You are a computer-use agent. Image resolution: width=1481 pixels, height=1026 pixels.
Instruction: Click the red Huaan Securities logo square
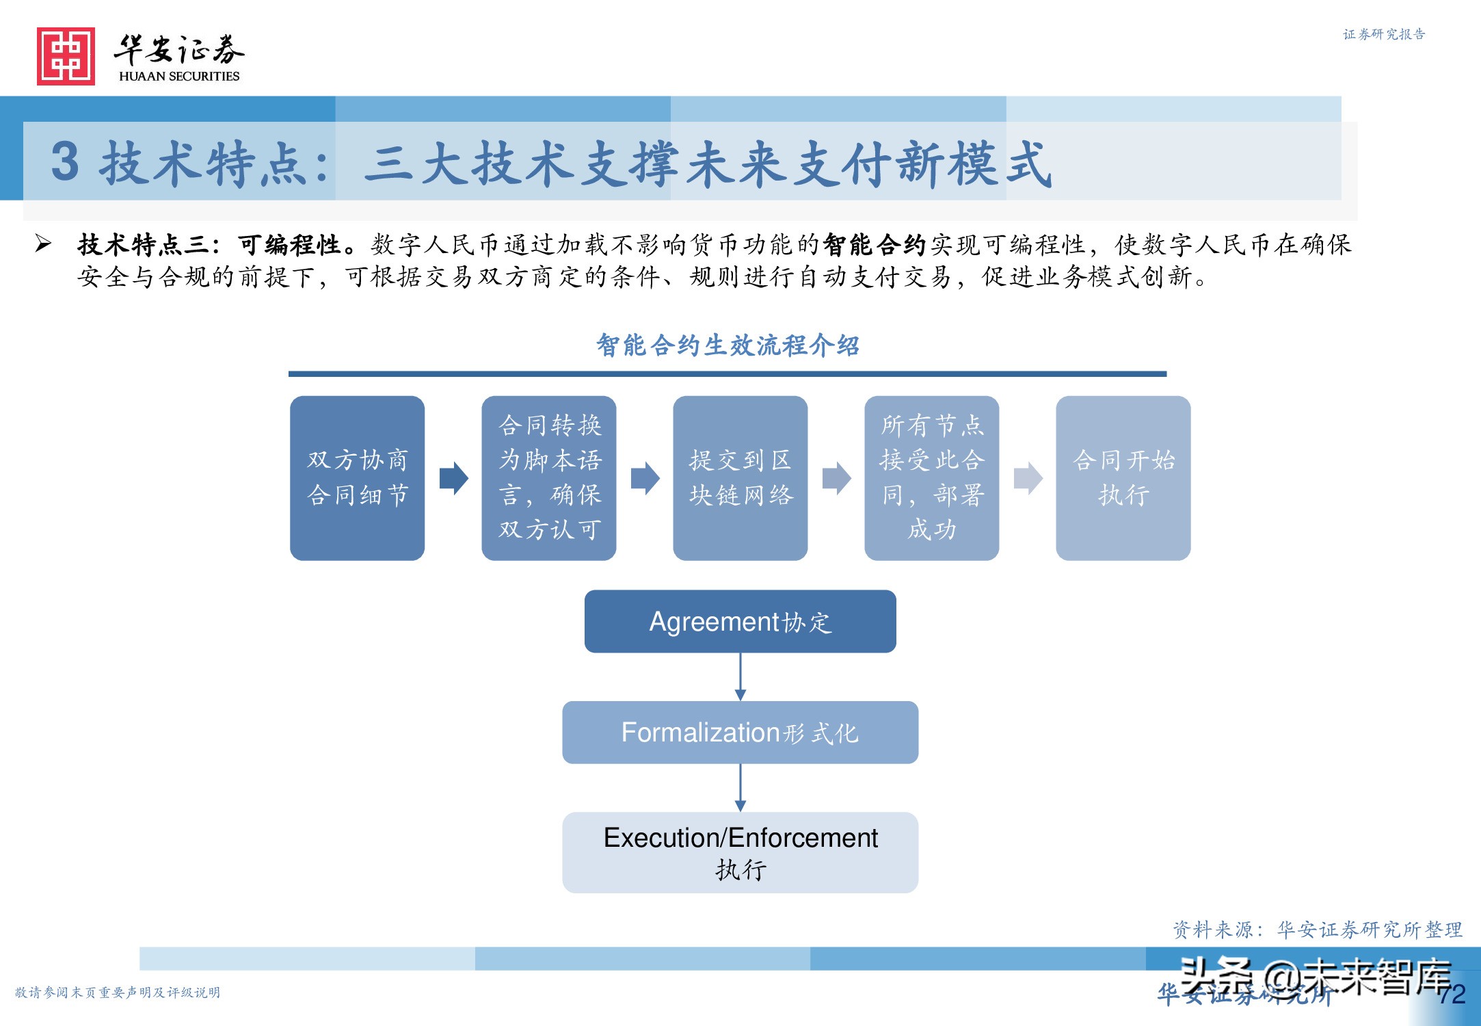(x=66, y=56)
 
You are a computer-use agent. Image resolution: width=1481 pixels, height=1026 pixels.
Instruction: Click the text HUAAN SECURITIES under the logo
(x=179, y=76)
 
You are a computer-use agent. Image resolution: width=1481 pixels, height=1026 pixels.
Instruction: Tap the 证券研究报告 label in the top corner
(x=1383, y=34)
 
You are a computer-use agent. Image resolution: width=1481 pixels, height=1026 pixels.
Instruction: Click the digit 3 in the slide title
(x=65, y=162)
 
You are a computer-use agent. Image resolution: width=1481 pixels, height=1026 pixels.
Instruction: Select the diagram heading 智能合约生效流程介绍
(x=728, y=345)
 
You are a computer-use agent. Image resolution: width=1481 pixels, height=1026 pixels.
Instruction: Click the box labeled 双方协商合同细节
(x=357, y=477)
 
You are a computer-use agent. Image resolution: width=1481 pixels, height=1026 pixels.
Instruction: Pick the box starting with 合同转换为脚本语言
(x=548, y=477)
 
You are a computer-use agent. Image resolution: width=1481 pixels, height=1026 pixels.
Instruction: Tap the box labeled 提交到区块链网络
(x=740, y=477)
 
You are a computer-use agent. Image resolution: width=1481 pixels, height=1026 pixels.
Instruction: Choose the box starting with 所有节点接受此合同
(x=931, y=477)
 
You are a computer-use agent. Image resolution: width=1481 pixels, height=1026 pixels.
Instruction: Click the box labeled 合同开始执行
(x=1123, y=477)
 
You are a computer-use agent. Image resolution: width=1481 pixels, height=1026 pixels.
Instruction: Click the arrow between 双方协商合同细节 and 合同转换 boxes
(x=453, y=477)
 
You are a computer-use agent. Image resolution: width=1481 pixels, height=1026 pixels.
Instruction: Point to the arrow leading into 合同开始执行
(x=1028, y=477)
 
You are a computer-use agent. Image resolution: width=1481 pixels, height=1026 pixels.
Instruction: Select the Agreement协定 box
(x=740, y=621)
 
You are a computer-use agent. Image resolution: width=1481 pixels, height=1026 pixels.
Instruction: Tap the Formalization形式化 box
(x=740, y=732)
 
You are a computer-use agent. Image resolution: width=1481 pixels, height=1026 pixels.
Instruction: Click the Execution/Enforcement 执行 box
(x=740, y=852)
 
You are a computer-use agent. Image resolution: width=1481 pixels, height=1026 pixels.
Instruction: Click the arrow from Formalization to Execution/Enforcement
(x=740, y=788)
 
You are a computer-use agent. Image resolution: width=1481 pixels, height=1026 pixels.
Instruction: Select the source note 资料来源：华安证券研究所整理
(x=1317, y=930)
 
